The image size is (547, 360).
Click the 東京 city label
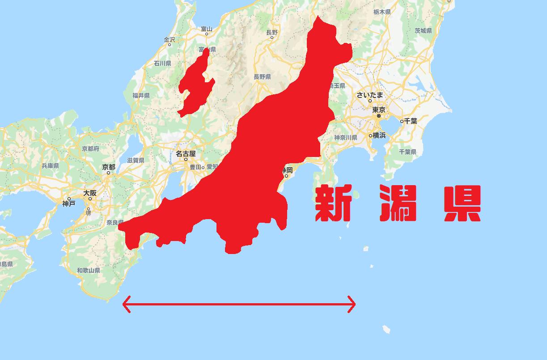click(x=378, y=110)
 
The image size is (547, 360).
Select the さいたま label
click(x=370, y=95)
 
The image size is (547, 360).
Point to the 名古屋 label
click(x=186, y=154)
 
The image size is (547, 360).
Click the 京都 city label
click(x=108, y=167)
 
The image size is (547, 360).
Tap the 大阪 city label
click(x=90, y=193)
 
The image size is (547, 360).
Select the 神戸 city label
click(x=69, y=204)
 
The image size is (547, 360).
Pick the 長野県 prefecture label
click(x=262, y=77)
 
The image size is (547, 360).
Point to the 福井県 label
click(x=140, y=95)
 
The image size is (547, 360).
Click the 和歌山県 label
click(x=88, y=271)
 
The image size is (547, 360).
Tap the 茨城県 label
click(x=423, y=31)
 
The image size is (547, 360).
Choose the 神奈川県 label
click(x=345, y=138)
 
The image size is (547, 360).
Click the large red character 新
click(x=333, y=203)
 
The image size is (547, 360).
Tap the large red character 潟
click(x=398, y=203)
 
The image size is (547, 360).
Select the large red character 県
click(x=462, y=203)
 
